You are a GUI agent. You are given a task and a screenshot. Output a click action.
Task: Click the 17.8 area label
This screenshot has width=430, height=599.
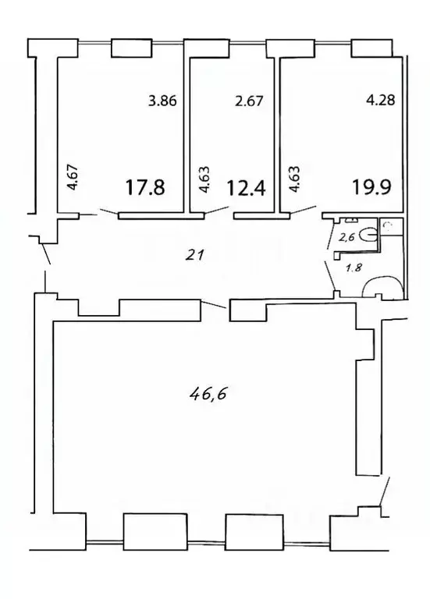tap(145, 188)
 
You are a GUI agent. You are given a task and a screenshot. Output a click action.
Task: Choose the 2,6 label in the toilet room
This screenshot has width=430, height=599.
tap(346, 239)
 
